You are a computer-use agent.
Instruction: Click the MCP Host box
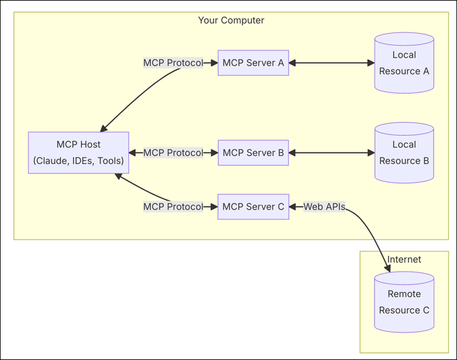[78, 153]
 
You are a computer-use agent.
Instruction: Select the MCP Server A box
[253, 63]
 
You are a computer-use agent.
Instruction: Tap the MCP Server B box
[253, 153]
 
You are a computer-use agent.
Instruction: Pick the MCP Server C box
[253, 207]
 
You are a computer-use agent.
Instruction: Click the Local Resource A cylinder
[404, 63]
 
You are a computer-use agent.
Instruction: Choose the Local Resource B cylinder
[404, 153]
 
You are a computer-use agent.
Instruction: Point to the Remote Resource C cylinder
[404, 302]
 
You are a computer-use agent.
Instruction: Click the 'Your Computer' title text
[231, 20]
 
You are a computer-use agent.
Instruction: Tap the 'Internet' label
[404, 260]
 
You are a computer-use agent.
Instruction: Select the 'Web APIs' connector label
[324, 207]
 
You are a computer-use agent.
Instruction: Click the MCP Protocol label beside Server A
[173, 63]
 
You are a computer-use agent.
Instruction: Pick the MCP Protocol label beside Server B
[173, 153]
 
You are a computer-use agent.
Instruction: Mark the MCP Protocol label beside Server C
[173, 207]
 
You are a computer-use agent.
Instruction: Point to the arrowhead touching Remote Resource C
[387, 269]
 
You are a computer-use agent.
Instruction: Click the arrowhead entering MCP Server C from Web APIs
[294, 207]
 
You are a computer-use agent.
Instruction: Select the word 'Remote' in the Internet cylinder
[404, 294]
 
